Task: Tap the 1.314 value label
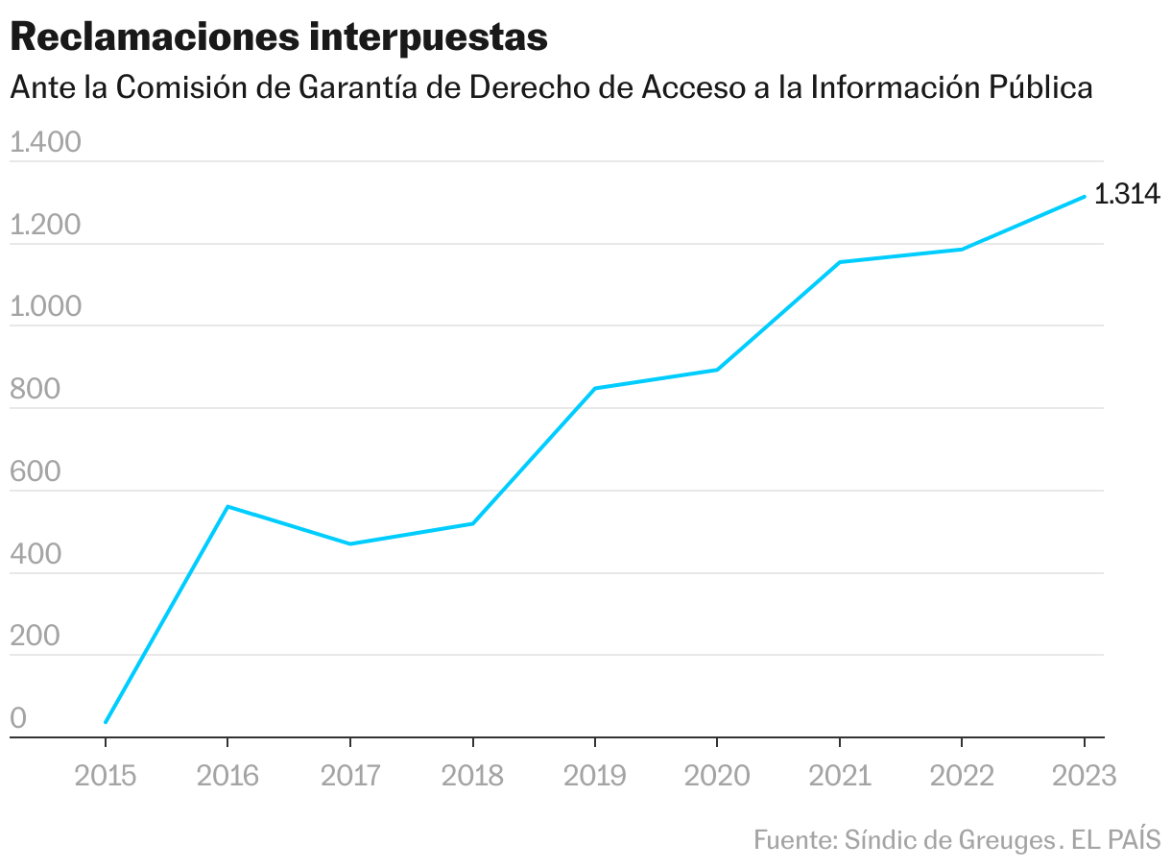pos(1128,195)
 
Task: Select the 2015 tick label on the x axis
pos(106,776)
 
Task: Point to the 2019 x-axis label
pos(595,776)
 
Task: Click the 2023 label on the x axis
pos(1085,776)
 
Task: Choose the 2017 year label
pos(350,776)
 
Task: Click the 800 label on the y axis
pos(36,391)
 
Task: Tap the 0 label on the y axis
pos(18,720)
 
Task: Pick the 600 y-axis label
pos(36,473)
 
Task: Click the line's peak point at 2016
pos(227,506)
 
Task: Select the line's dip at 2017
pos(350,544)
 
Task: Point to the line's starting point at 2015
pos(106,722)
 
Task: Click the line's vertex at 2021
pos(840,262)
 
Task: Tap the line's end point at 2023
pos(1085,197)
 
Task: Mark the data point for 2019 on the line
pos(595,389)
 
